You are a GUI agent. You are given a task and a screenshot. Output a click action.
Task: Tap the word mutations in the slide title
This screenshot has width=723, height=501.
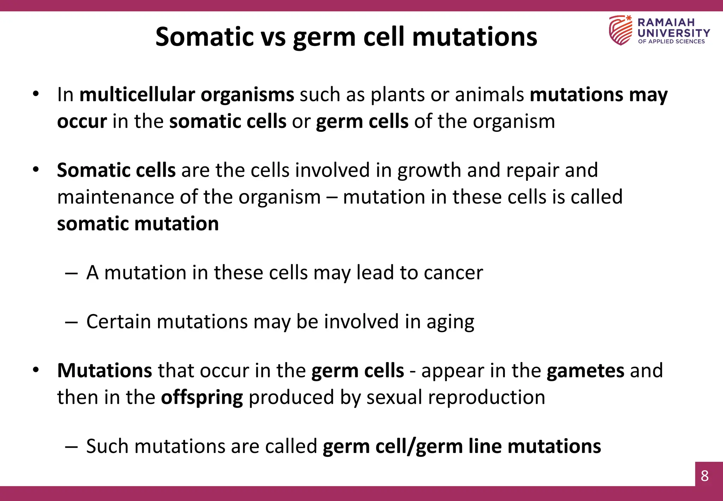(474, 37)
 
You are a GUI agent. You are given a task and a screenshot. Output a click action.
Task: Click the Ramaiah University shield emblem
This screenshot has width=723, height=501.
(620, 30)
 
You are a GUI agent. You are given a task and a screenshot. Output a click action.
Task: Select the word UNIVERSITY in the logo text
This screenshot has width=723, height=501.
(674, 33)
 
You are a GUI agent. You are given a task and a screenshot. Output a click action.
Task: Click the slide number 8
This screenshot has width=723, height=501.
(705, 476)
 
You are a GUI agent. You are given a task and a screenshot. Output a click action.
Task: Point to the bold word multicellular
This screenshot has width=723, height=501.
(137, 95)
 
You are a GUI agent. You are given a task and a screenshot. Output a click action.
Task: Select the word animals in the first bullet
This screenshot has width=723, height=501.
(489, 95)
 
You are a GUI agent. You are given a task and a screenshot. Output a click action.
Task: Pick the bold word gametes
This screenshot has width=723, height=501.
(585, 371)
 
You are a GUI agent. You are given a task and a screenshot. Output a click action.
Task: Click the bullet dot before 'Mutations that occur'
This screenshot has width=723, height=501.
(36, 370)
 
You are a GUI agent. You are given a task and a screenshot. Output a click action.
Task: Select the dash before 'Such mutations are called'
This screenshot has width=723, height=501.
(71, 447)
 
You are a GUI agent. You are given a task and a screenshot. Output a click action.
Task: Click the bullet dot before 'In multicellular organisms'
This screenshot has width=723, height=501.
(36, 94)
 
